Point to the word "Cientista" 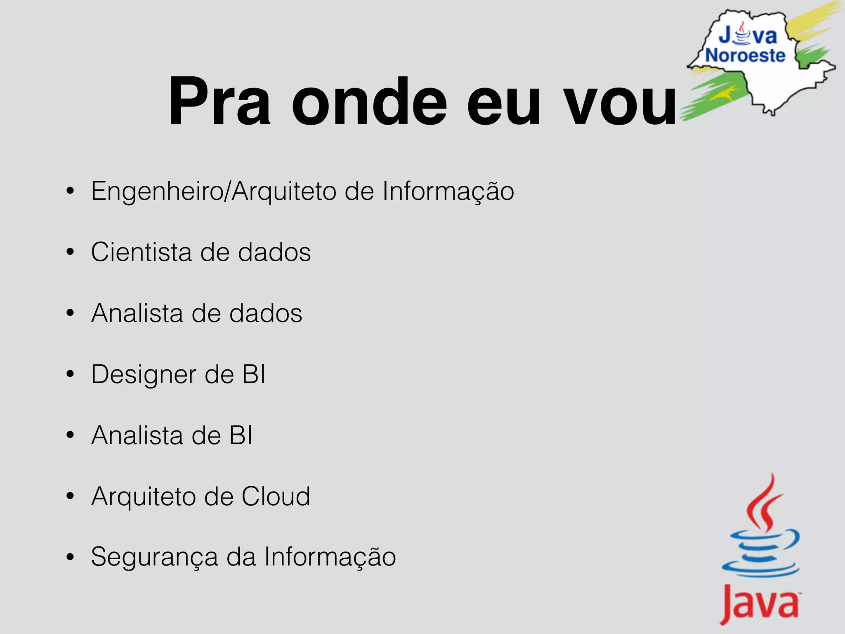pos(142,252)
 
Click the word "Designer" pos(144,375)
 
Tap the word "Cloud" pos(276,496)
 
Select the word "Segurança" pos(154,557)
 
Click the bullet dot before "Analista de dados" pos(70,313)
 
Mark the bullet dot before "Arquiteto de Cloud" pos(70,496)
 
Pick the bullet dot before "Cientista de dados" pos(70,252)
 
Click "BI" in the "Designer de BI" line pos(254,374)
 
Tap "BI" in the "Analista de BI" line pos(241,435)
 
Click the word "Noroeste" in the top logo pos(745,56)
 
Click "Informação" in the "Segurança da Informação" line pos(330,557)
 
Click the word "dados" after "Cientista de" pos(274,252)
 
